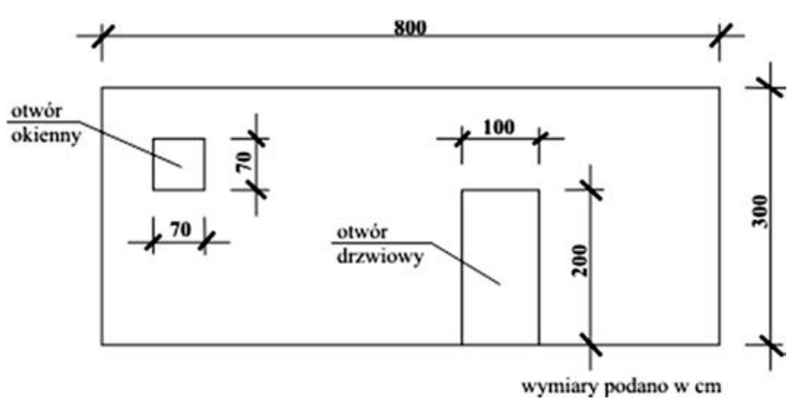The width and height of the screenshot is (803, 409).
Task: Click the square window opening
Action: pos(178,164)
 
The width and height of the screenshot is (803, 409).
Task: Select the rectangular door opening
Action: pos(500,267)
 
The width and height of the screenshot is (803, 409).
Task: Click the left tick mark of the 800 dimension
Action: pos(102,36)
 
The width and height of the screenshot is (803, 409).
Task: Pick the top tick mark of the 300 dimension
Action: pos(767,87)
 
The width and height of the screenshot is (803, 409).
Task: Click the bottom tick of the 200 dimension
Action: pos(590,344)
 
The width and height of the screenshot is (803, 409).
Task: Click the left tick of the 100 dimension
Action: pos(461,138)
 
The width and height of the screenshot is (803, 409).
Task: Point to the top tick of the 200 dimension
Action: pos(590,189)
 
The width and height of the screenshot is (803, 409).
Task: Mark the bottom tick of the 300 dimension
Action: pos(767,344)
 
